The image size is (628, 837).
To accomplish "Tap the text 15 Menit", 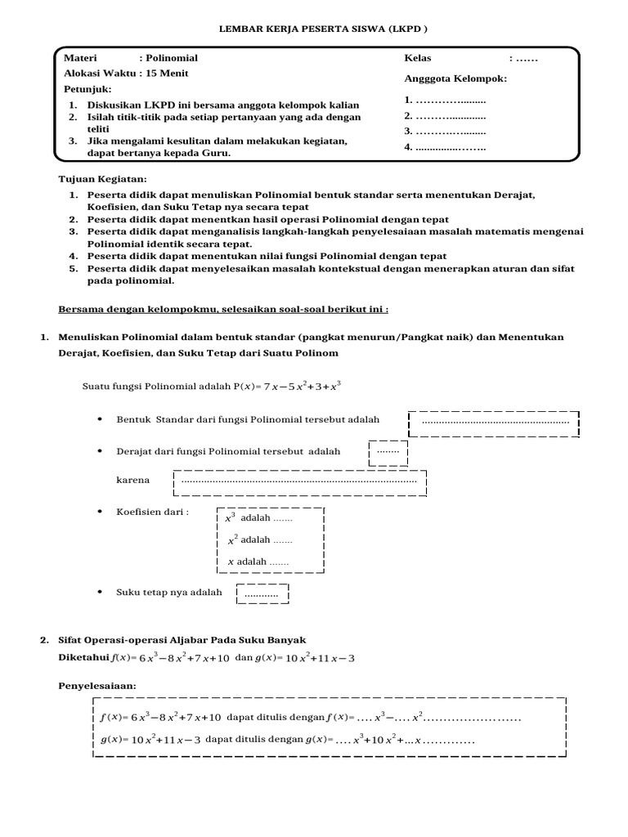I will [x=168, y=73].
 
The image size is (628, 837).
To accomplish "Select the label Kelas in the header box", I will [x=418, y=58].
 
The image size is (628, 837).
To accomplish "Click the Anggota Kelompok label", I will [x=455, y=78].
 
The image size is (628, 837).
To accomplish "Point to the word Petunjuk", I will [x=87, y=88].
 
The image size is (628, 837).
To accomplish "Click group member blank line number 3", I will [x=445, y=131].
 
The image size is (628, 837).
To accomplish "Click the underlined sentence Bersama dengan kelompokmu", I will [x=223, y=310].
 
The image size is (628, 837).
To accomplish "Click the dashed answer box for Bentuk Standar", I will [x=494, y=423].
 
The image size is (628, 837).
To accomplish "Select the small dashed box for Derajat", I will [x=388, y=452].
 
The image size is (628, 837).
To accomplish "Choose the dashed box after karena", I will [x=299, y=481].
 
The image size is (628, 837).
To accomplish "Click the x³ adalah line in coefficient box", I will [x=258, y=518].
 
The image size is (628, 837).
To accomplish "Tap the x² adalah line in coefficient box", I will [x=259, y=539].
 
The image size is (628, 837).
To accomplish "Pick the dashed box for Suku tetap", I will [x=262, y=594].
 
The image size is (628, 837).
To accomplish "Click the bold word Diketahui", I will [x=83, y=657].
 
